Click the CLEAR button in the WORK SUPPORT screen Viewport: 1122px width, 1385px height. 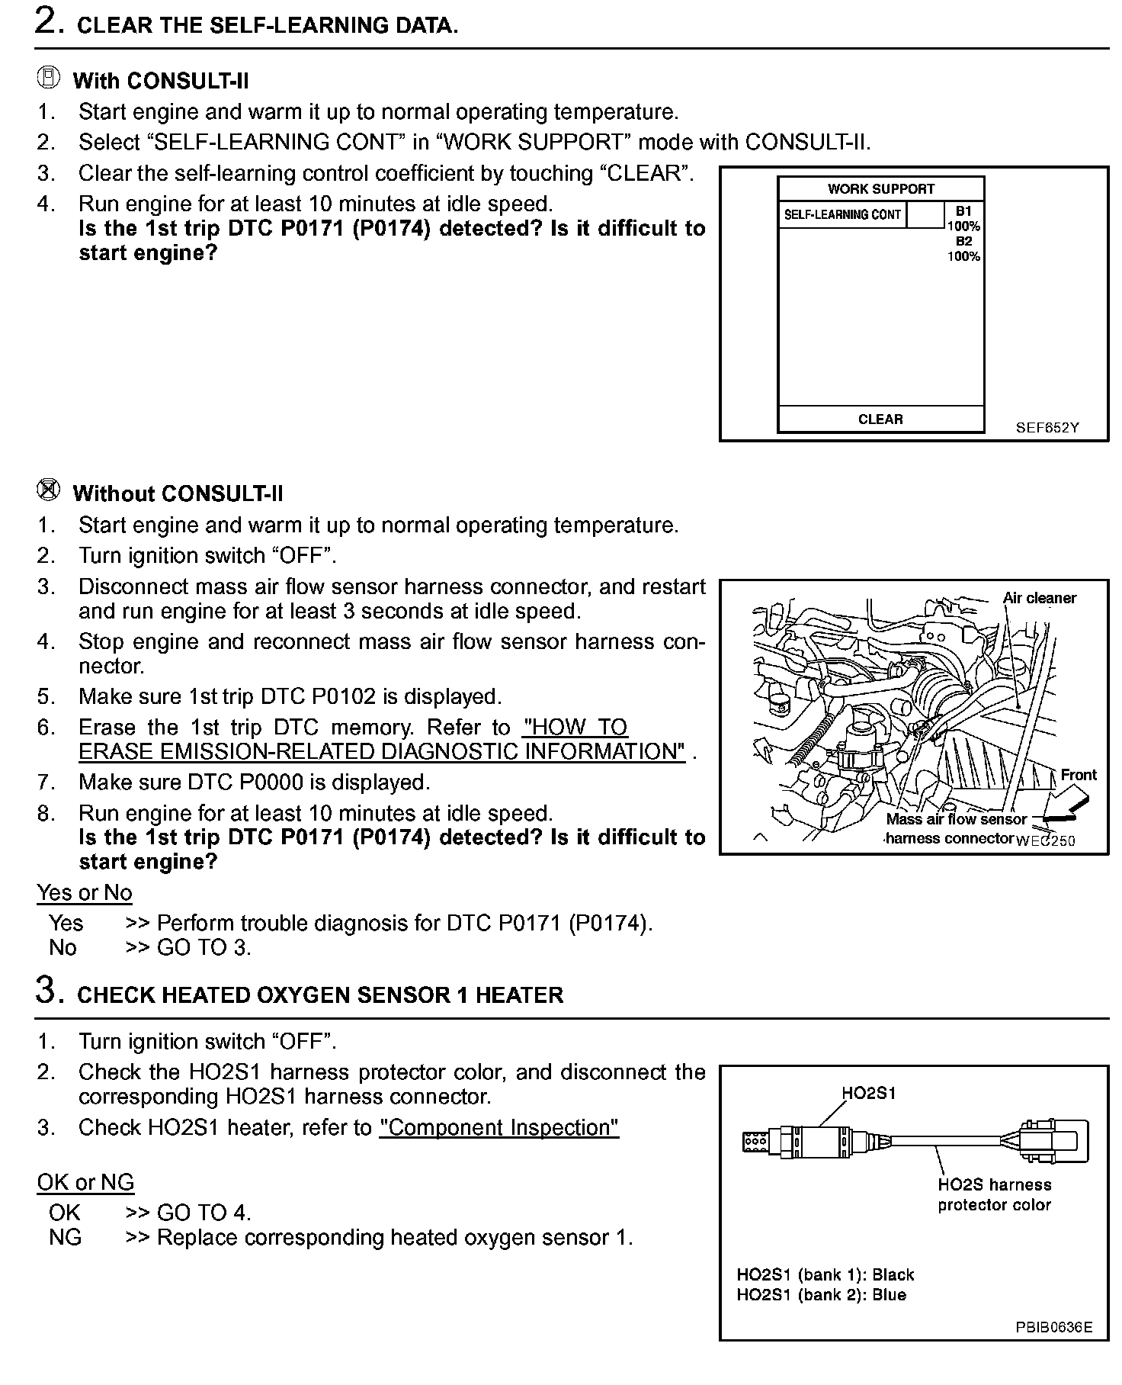pyautogui.click(x=880, y=419)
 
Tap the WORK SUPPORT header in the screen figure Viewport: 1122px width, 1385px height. pyautogui.click(x=880, y=188)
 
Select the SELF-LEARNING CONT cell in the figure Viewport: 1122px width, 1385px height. pyautogui.click(x=842, y=214)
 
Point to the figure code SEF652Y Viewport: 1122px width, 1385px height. pyautogui.click(x=1047, y=427)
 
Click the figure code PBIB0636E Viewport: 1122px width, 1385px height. pyautogui.click(x=1053, y=1327)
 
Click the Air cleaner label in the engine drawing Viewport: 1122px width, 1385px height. pyautogui.click(x=1040, y=598)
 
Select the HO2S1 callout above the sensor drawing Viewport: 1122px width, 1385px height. pyautogui.click(x=868, y=1093)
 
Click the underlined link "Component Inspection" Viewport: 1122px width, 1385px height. pyautogui.click(x=499, y=1127)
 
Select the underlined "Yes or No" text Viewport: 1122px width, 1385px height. pyautogui.click(x=85, y=892)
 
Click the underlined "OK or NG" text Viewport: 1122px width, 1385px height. pyautogui.click(x=85, y=1182)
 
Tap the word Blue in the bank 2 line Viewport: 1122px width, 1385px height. pyautogui.click(x=889, y=1294)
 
